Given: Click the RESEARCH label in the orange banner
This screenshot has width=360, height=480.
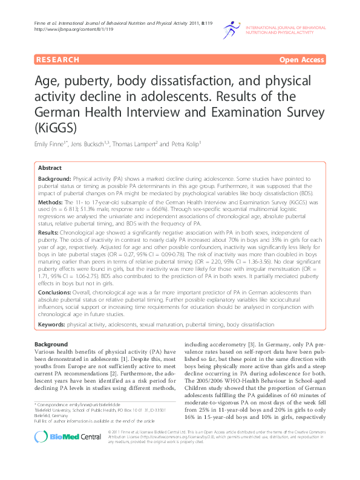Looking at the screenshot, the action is (58, 60).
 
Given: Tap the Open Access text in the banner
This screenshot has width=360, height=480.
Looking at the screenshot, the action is (301, 60).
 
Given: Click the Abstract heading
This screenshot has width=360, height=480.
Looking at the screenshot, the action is (50, 168).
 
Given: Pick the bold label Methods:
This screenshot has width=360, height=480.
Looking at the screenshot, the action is (51, 200).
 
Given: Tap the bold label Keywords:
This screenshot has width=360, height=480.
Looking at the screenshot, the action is (52, 325).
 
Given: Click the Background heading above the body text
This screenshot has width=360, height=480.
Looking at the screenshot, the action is (51, 344).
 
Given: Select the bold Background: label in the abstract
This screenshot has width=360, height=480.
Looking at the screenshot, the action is (54, 180).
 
